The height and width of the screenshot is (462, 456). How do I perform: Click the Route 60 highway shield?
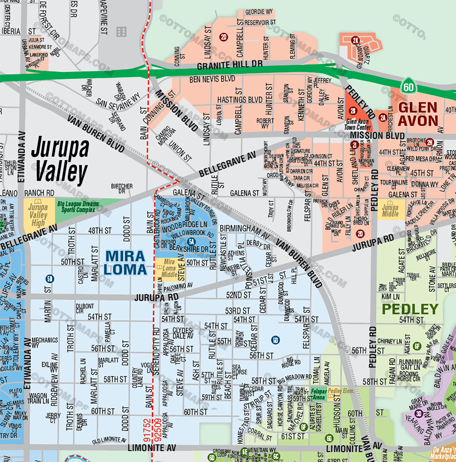coord(408,87)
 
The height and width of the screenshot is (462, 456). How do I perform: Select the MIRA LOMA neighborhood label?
coord(125,263)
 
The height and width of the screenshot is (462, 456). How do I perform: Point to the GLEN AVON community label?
coord(418,114)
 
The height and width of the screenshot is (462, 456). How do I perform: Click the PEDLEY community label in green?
coord(410,309)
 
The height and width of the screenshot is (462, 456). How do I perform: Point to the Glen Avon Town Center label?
coord(358,124)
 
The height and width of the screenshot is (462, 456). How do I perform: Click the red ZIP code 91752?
coord(147,430)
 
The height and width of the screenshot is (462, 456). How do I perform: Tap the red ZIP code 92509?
coord(158,430)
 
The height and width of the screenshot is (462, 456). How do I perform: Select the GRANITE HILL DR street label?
coord(230,65)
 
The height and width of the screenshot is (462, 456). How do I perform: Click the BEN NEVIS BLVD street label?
coord(212,79)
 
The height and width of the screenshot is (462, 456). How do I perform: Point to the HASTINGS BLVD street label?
coord(240,100)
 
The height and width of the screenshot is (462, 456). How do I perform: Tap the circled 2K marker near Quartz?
coord(355,40)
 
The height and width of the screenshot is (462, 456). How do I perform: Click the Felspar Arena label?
coord(319,394)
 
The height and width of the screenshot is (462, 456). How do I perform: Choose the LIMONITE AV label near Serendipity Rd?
coord(151,448)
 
